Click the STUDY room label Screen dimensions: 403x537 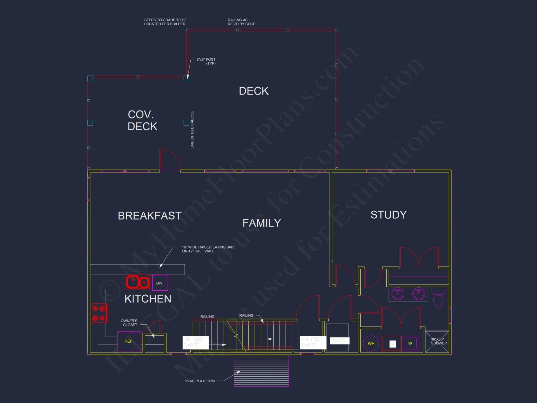point(389,215)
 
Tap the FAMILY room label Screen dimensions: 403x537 point(262,223)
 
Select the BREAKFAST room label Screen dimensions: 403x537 point(150,216)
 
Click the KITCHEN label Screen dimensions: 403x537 point(148,299)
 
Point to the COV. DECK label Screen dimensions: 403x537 point(142,120)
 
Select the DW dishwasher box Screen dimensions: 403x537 point(160,283)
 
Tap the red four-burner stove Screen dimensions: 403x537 point(99,313)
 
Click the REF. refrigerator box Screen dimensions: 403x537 point(129,341)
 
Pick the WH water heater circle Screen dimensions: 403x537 point(371,344)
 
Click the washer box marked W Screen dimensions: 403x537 point(410,343)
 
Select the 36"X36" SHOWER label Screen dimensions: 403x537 point(439,341)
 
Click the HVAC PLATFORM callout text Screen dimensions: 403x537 point(199,381)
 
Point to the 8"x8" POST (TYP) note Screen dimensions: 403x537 point(206,61)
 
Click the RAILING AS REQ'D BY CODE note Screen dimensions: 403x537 point(241,22)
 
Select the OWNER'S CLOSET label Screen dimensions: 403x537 point(129,323)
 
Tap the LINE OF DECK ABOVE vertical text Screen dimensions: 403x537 point(192,130)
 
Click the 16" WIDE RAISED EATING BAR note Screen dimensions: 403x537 point(208,249)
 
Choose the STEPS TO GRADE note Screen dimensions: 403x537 point(165,22)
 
